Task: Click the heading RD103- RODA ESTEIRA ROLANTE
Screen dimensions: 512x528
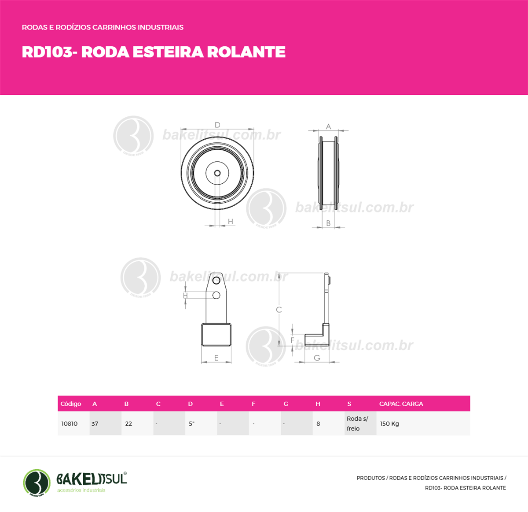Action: click(154, 52)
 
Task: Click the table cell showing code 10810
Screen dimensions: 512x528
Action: click(70, 424)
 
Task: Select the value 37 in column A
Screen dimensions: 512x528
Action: click(95, 424)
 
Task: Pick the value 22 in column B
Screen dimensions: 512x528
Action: click(128, 424)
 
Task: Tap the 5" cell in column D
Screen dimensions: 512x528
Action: click(191, 424)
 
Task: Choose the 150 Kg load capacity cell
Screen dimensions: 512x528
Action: click(389, 424)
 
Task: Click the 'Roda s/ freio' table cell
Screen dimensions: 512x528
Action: click(357, 423)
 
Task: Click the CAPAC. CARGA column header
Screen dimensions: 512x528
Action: click(401, 404)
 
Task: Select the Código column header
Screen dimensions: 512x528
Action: click(71, 404)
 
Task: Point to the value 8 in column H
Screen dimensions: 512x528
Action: click(318, 424)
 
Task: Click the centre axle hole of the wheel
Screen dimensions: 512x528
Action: click(217, 173)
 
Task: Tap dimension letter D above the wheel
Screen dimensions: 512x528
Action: click(217, 125)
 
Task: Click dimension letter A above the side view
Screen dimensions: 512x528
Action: click(328, 127)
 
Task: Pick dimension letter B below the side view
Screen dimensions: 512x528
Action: click(328, 223)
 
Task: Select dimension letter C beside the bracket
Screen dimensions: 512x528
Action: click(279, 310)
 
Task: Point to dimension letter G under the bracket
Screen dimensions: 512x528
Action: click(317, 358)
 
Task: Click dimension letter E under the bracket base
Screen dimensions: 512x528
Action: click(216, 358)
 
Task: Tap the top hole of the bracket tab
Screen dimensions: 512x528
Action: click(216, 281)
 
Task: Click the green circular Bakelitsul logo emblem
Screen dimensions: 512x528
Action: click(37, 482)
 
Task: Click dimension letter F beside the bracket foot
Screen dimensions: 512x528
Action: click(293, 340)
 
